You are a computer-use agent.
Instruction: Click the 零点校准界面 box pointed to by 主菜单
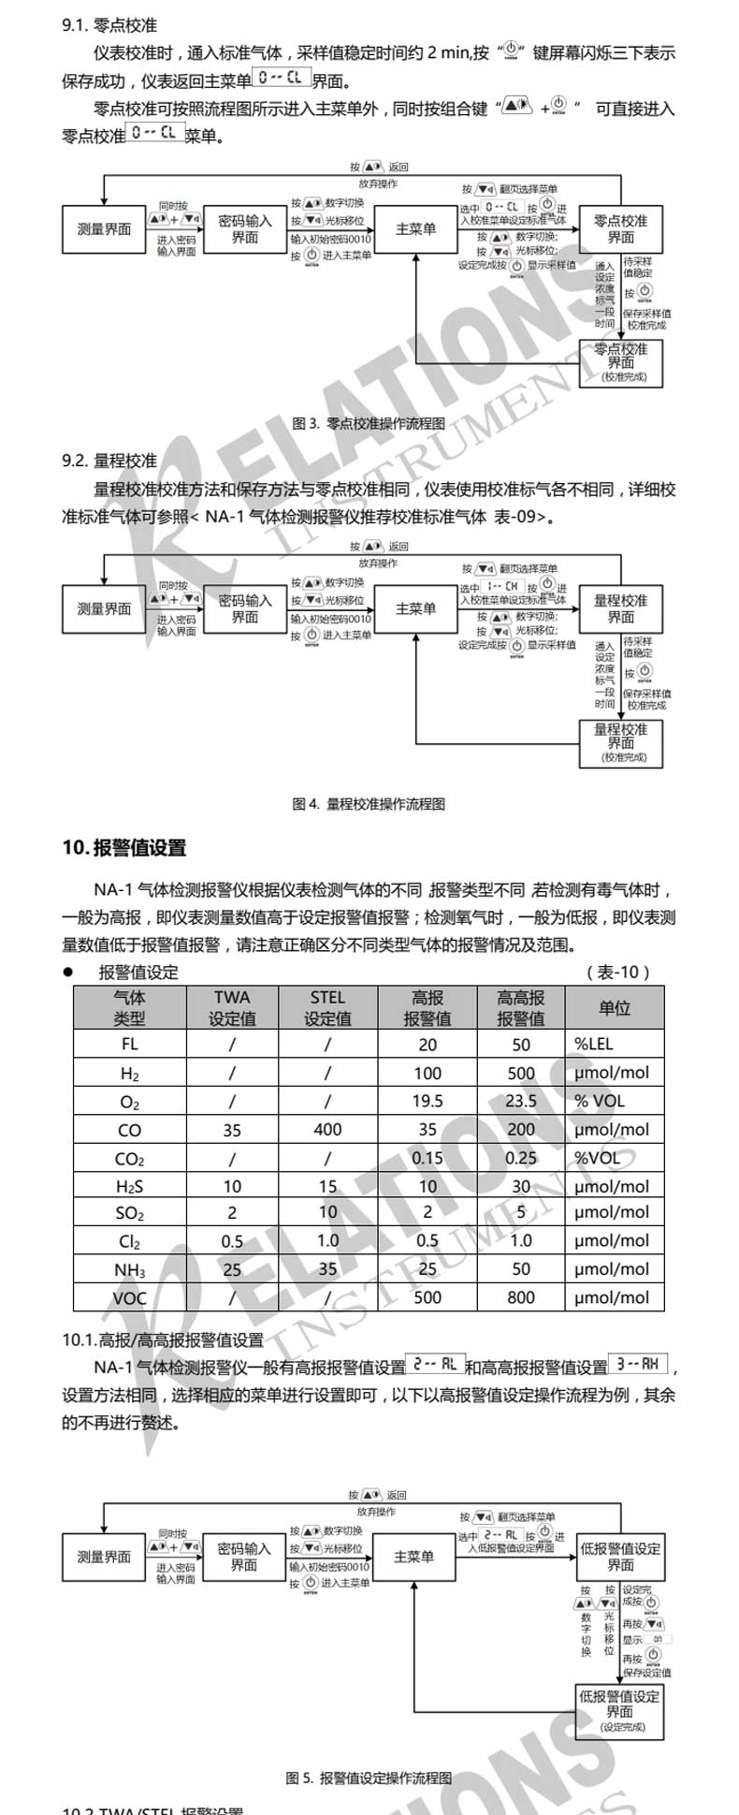point(620,229)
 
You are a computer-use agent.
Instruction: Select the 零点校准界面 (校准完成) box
point(620,362)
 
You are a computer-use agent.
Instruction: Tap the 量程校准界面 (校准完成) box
point(620,742)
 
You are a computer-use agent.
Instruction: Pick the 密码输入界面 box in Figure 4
point(244,609)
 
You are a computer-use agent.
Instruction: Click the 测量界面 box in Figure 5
point(104,1558)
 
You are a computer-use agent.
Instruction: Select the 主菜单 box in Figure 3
point(415,229)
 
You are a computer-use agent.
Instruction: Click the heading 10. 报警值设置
point(124,848)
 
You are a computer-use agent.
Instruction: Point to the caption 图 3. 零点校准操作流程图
point(369,423)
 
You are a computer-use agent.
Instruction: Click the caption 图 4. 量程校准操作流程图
point(369,803)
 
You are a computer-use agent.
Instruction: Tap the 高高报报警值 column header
point(520,1008)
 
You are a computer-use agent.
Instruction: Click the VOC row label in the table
point(129,1297)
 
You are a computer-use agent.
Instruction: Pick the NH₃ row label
point(129,1269)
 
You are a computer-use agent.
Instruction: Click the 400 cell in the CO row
point(327,1130)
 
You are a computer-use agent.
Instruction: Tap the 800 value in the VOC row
point(520,1297)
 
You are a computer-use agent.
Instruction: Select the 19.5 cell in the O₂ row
point(427,1101)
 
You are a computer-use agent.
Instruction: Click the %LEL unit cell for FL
point(594,1045)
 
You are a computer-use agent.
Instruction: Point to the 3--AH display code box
point(638,1366)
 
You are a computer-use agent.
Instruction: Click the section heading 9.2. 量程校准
point(109,461)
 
